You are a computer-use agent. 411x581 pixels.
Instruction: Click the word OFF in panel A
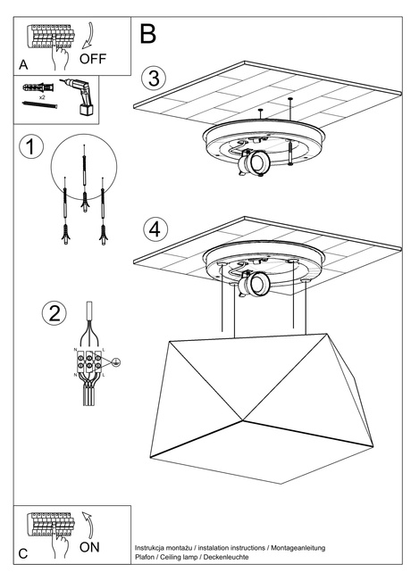coord(94,60)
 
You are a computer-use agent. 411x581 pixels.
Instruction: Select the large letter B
coord(148,34)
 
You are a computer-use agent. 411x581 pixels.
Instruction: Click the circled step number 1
coord(30,147)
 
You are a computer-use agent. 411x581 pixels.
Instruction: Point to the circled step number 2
coord(55,313)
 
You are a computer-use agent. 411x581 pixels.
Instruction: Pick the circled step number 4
coord(155,228)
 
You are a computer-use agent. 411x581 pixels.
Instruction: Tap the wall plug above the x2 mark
coord(35,87)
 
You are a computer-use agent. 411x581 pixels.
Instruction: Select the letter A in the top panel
coord(23,65)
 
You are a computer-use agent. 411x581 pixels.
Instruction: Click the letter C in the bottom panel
coord(23,554)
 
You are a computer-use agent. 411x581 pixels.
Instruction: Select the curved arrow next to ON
coord(88,524)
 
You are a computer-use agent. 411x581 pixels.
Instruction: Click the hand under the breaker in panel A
coord(60,60)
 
